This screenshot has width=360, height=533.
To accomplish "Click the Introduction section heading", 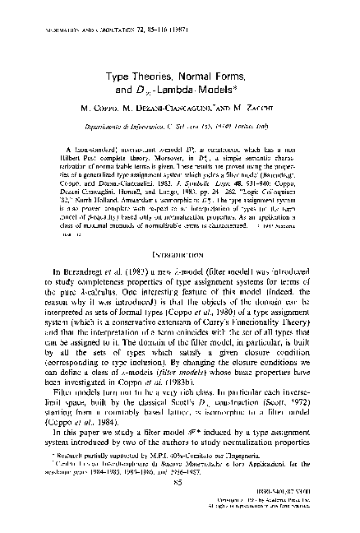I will [x=179, y=262].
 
